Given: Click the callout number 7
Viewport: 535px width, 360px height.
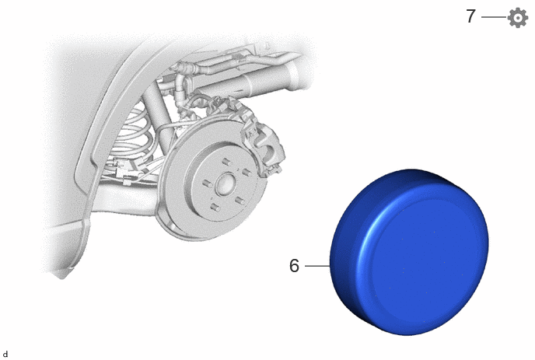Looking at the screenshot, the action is [x=471, y=16].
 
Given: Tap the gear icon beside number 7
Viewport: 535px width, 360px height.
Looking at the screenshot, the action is [x=518, y=17].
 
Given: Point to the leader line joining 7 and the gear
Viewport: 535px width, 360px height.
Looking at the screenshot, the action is [x=494, y=17].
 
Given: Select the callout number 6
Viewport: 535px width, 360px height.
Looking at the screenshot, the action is [x=294, y=265].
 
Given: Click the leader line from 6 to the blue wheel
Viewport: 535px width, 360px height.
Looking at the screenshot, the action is [x=317, y=265].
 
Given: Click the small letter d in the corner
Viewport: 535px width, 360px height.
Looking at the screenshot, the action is [x=5, y=355].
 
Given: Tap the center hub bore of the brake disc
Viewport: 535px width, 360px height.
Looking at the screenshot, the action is [x=226, y=184].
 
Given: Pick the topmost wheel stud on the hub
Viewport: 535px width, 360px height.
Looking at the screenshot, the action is [x=226, y=161].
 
